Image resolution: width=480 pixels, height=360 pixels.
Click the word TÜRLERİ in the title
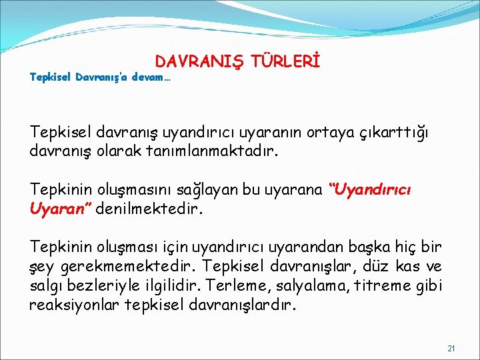[286, 62]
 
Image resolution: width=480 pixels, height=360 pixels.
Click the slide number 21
[451, 348]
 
